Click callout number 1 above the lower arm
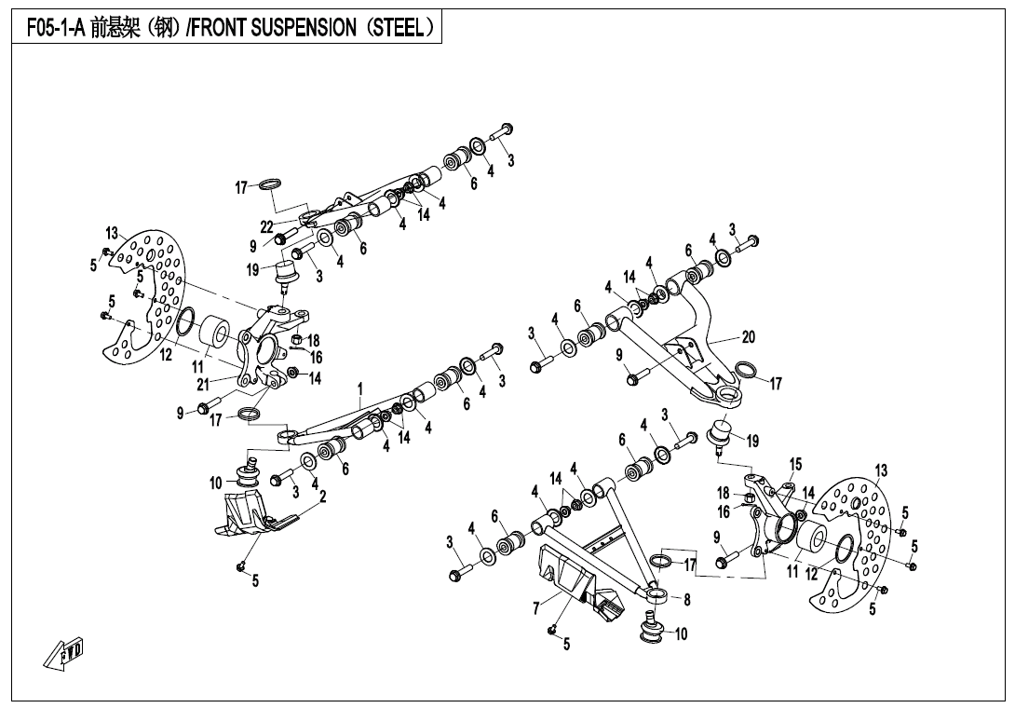(359, 388)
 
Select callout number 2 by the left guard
(322, 497)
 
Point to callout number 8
(687, 600)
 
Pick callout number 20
(749, 337)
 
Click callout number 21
(203, 383)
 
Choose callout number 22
(266, 227)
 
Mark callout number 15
(795, 464)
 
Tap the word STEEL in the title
(399, 28)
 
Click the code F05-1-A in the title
(54, 28)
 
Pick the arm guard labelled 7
(573, 582)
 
